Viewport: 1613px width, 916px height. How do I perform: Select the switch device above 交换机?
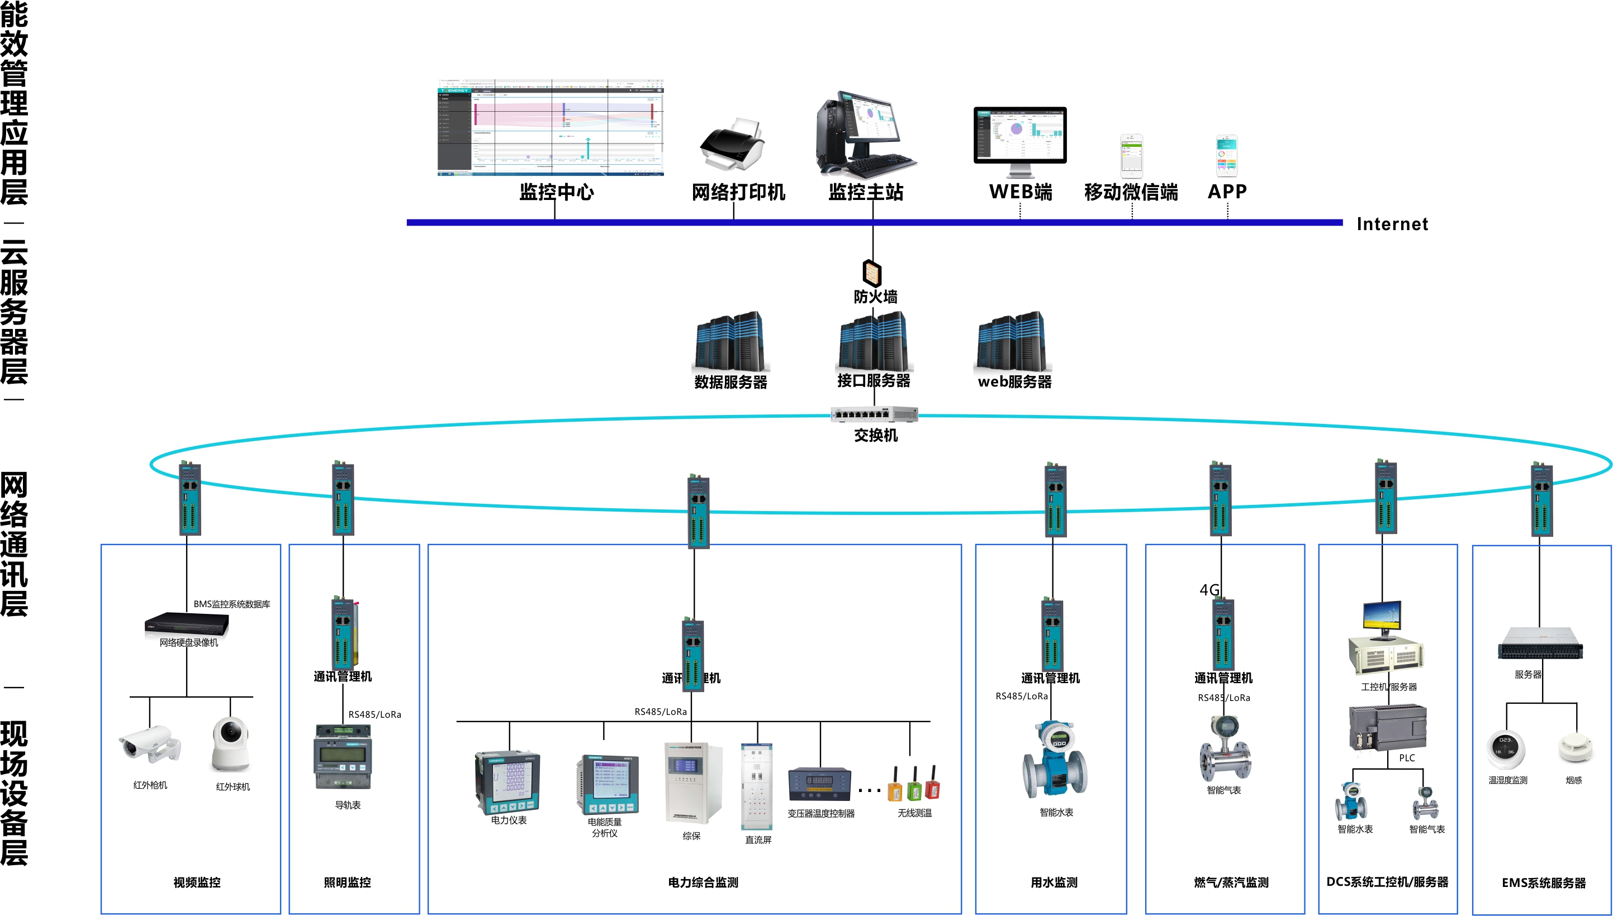[x=874, y=414]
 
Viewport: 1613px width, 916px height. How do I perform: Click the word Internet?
[x=1392, y=224]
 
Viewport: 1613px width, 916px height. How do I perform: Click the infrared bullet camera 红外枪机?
[x=149, y=745]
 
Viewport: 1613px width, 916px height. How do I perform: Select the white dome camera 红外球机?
[x=230, y=744]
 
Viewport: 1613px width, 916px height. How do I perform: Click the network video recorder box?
[x=187, y=623]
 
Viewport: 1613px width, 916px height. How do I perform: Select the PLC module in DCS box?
[x=1387, y=727]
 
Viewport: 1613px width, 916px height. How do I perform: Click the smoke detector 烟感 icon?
[x=1574, y=747]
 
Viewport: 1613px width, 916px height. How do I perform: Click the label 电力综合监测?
[x=703, y=882]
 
